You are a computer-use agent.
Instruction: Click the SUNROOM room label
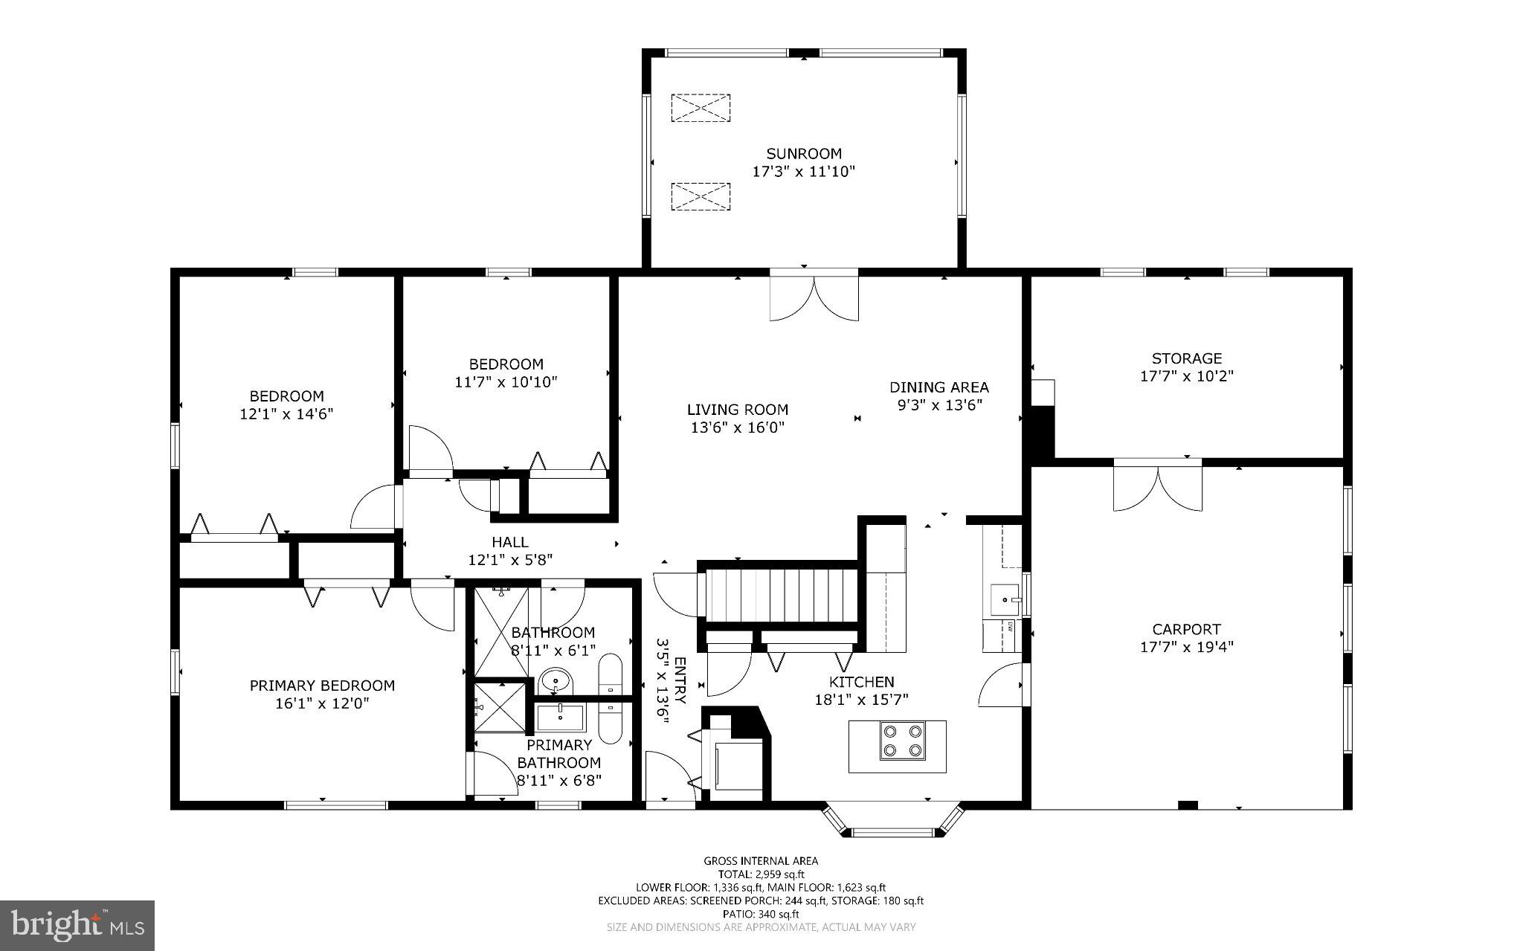coord(804,154)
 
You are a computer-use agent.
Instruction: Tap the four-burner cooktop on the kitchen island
coord(903,741)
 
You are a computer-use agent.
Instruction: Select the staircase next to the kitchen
coord(781,595)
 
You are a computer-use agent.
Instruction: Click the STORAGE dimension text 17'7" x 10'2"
coord(1187,376)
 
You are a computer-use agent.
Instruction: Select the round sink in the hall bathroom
coord(556,680)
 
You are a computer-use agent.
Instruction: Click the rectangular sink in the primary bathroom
coord(561,718)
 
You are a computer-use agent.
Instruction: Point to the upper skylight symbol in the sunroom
coord(701,108)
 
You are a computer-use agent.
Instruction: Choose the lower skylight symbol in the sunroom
coord(701,196)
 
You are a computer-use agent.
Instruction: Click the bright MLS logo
coord(77,925)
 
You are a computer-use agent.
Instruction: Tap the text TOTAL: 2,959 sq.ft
coord(761,874)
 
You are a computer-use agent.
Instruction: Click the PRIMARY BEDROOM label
coord(322,686)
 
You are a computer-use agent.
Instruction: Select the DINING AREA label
coord(939,387)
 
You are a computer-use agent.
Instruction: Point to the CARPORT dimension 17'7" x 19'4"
coord(1187,647)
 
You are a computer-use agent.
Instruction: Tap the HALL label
coord(509,542)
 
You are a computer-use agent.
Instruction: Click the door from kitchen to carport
coord(1002,686)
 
